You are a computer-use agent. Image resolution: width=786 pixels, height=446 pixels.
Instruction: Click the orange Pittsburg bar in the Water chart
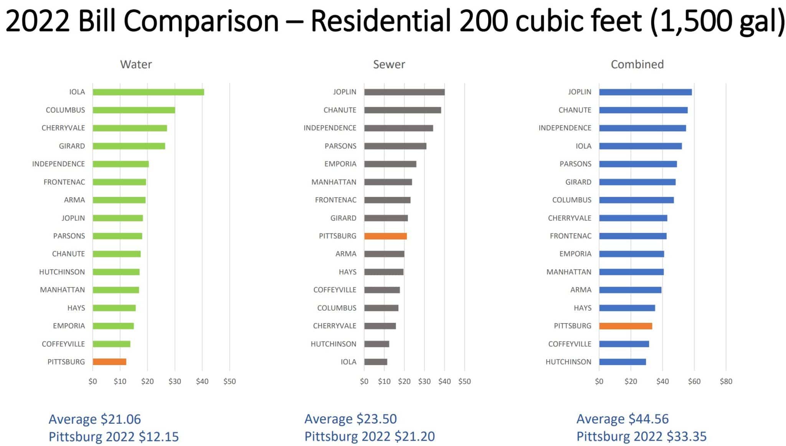coord(109,362)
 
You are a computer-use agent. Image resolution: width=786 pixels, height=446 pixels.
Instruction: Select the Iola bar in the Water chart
coord(148,92)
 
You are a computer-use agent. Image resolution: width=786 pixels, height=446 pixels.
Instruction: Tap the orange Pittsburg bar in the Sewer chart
coord(385,236)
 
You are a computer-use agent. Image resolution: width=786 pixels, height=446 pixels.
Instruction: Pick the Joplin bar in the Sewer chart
coord(404,92)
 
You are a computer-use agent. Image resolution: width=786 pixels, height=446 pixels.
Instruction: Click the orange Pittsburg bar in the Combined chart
coord(625,326)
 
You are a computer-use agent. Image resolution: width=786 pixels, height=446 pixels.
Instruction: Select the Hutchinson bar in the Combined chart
coord(622,362)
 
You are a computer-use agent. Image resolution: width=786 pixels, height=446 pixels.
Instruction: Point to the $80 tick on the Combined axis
coord(726,381)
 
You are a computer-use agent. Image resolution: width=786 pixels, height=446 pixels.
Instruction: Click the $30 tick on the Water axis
coord(175,381)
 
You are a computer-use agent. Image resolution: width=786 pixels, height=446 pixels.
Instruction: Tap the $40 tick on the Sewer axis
coord(444,381)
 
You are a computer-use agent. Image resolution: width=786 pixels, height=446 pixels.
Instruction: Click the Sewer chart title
coord(389,64)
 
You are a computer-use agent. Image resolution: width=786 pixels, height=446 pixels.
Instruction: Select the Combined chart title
coord(637,64)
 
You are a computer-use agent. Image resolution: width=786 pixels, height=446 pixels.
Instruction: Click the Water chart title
coord(136,64)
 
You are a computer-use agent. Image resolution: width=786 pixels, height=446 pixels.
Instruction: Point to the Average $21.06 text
coord(95,419)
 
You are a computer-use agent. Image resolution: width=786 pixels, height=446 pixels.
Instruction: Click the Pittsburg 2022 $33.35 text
coord(641,436)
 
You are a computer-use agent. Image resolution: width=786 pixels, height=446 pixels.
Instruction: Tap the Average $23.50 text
coord(350,419)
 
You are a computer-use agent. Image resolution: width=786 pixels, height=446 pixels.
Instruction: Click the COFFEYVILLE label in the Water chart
coord(63,344)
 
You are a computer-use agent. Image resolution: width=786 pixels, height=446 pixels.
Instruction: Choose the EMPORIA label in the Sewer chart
coord(340,164)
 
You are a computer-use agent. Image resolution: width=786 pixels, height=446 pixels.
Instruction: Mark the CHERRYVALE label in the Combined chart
coord(570,218)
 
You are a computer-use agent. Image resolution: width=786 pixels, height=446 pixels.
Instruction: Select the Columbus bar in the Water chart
coord(134,110)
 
